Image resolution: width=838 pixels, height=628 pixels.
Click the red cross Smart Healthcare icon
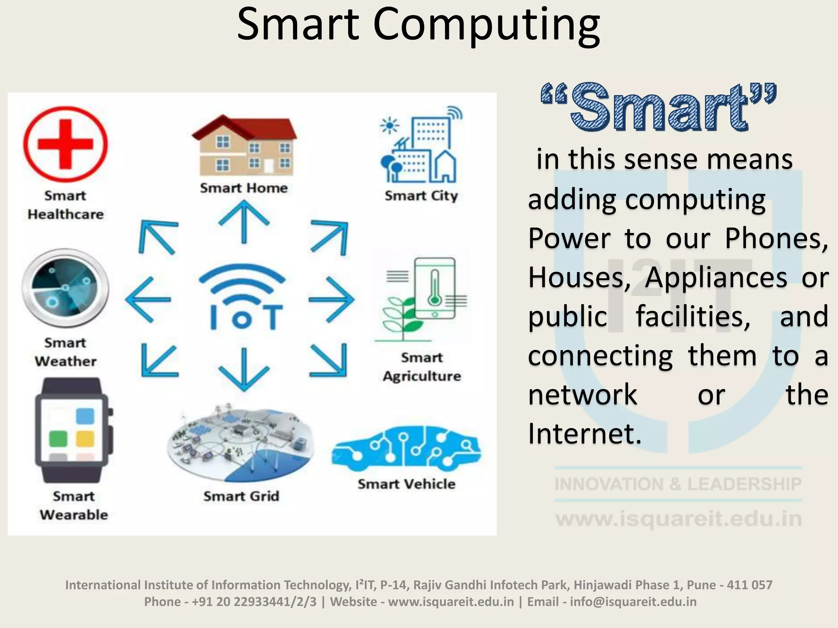(x=65, y=144)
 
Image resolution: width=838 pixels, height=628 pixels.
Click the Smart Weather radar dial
(x=65, y=288)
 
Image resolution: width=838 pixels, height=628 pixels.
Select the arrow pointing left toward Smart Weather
(x=148, y=300)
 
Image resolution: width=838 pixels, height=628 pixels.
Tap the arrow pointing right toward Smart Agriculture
(x=331, y=299)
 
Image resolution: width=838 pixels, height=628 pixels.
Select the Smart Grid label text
(x=241, y=496)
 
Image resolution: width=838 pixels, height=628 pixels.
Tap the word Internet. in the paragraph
(x=584, y=433)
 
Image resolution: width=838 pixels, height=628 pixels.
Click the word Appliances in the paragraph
(x=716, y=277)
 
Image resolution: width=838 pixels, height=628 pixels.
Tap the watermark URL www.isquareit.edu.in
(x=678, y=518)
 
